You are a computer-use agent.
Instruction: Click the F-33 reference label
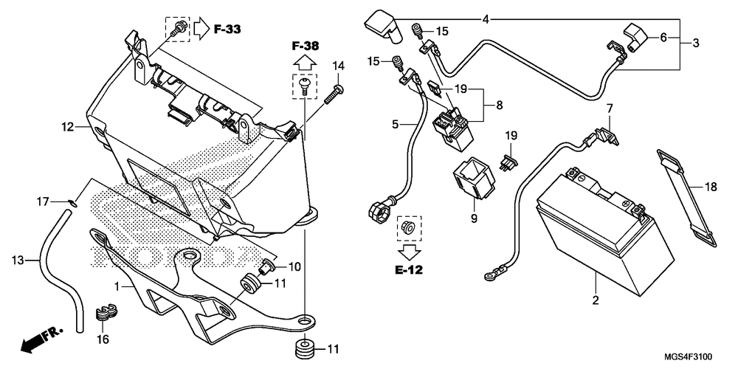(227, 29)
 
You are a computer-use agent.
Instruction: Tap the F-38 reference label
(305, 46)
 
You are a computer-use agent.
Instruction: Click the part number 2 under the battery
(596, 300)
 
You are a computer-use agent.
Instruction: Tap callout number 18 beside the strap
(711, 187)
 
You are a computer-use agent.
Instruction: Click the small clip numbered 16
(106, 313)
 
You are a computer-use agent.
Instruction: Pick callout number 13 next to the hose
(18, 261)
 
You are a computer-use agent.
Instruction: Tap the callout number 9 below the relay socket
(474, 218)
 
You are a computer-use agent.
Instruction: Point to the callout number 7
(610, 108)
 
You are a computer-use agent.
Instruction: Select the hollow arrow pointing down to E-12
(409, 252)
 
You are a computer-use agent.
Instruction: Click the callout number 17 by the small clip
(44, 202)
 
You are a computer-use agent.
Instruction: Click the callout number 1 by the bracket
(117, 286)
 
